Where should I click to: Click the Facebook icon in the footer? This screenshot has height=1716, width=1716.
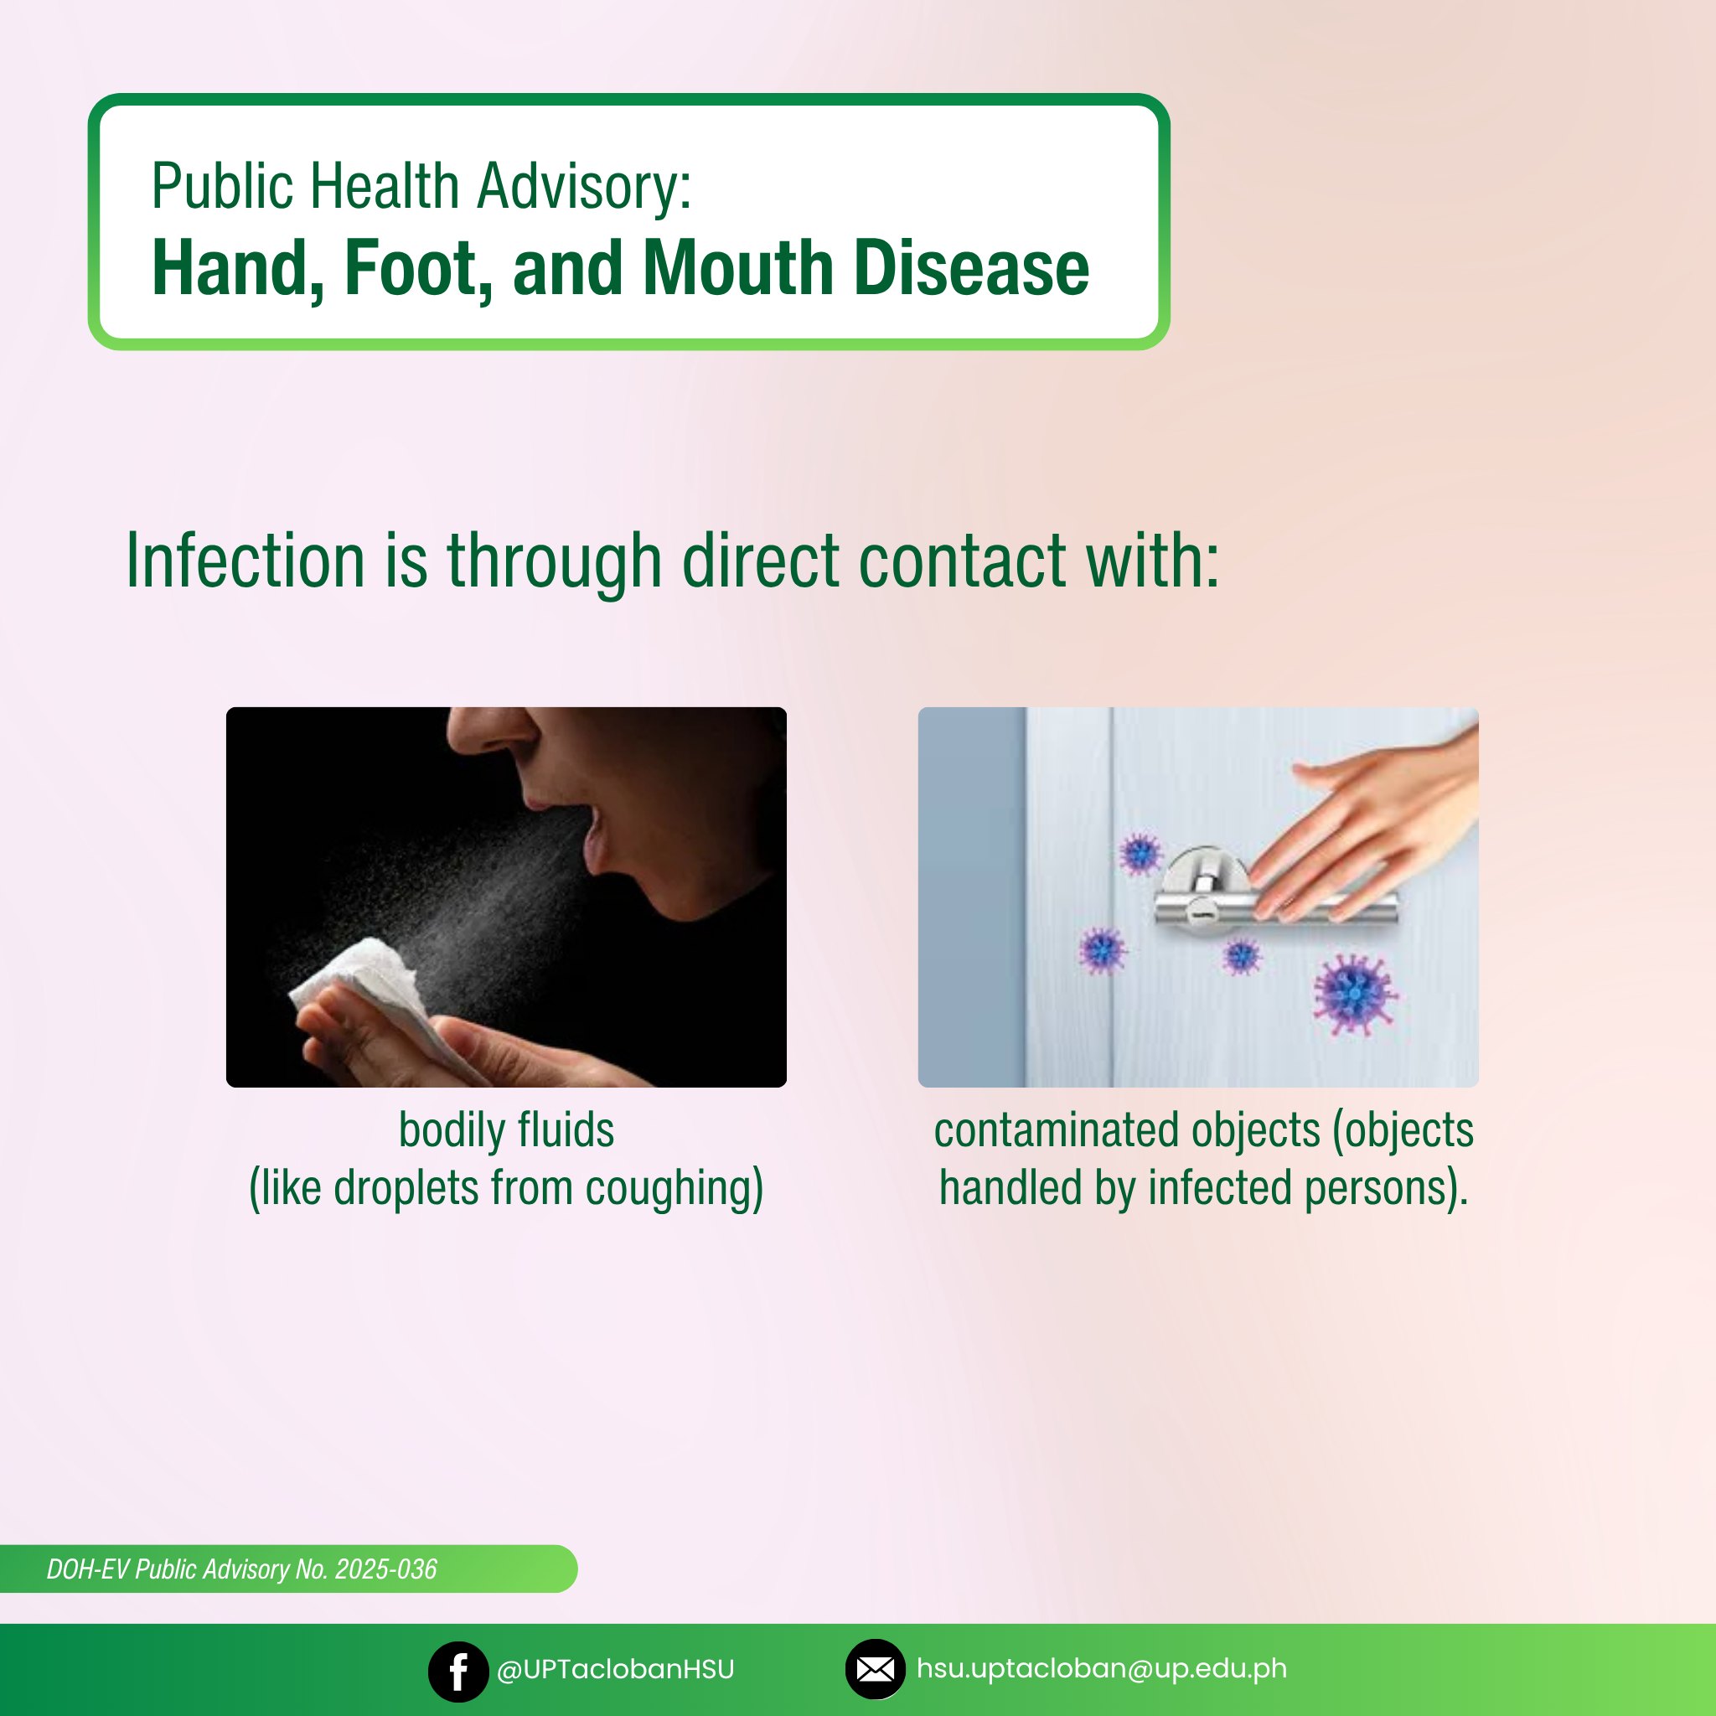458,1671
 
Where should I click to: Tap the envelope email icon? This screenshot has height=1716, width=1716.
875,1670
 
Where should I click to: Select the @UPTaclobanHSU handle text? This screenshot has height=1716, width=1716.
616,1670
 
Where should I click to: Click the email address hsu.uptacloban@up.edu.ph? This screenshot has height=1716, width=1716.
1101,1669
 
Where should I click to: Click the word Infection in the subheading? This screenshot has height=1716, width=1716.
246,561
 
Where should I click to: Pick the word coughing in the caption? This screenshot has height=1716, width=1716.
675,1188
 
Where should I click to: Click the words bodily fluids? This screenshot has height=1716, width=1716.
506,1129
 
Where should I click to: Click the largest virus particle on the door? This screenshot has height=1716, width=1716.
1355,994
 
